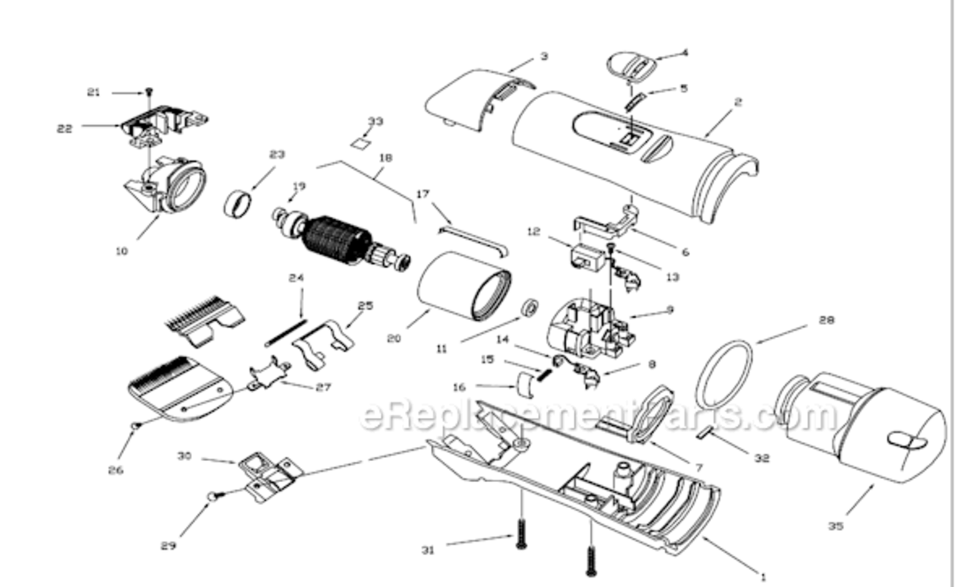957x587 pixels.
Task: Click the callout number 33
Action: click(x=376, y=121)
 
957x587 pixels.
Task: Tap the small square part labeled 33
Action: click(x=361, y=143)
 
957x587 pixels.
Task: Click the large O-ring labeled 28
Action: click(x=724, y=374)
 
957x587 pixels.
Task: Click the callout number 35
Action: click(x=836, y=526)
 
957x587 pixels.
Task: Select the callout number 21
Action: click(x=94, y=92)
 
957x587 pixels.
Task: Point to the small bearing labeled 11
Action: click(x=530, y=307)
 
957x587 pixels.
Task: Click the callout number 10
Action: click(x=121, y=251)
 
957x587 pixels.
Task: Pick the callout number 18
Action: click(x=385, y=157)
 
